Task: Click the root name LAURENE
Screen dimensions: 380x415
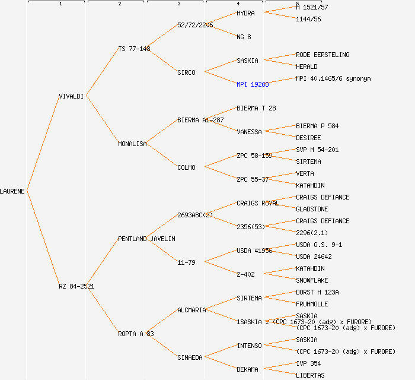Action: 12,191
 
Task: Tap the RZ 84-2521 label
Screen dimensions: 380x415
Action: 76,286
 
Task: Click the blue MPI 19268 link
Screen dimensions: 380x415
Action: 253,84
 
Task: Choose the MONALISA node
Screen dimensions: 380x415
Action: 132,144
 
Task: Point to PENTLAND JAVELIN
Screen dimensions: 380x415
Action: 146,239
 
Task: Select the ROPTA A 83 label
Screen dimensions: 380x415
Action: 136,334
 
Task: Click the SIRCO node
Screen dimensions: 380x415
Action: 186,72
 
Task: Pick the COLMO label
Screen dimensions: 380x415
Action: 186,167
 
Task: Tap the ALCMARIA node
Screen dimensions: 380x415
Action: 191,310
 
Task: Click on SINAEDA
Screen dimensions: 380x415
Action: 190,357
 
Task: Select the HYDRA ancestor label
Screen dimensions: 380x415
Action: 245,13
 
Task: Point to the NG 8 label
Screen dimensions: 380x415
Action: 244,37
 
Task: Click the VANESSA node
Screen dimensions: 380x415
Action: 249,132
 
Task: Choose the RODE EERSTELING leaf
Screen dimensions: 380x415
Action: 323,55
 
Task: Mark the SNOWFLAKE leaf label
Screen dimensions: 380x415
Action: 312,280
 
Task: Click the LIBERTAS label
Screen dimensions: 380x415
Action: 310,375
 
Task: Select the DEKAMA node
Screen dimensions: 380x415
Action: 247,369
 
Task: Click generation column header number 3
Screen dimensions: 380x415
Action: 178,4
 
